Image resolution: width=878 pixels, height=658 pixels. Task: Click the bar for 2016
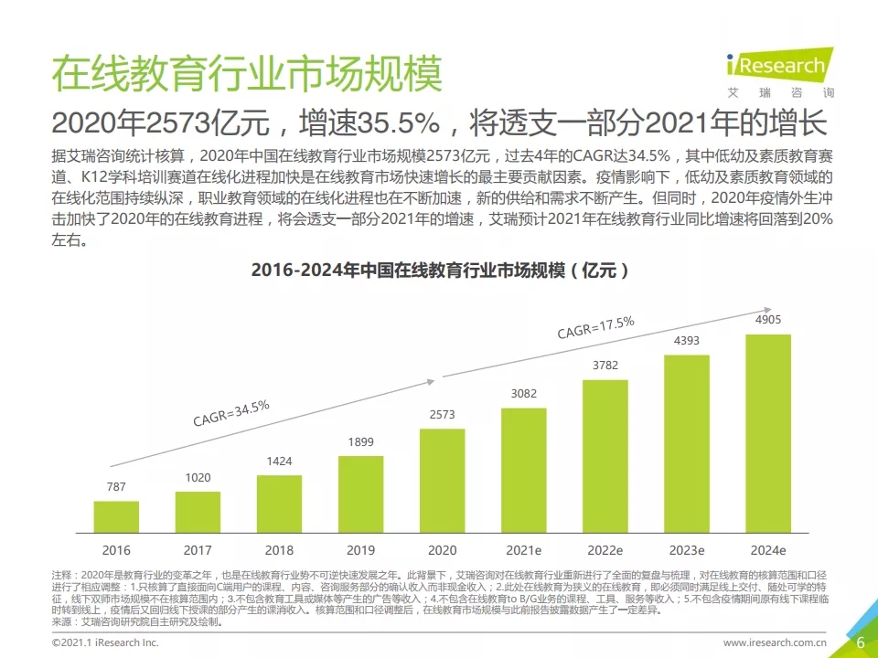(116, 516)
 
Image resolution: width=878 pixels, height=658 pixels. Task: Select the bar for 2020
(443, 481)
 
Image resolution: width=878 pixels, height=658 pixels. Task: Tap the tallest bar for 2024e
(768, 433)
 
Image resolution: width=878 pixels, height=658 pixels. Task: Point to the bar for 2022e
(605, 456)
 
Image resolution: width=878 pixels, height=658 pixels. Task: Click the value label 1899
(361, 442)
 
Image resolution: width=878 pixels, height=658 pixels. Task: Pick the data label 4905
(768, 321)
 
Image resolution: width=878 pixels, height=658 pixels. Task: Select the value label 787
(116, 487)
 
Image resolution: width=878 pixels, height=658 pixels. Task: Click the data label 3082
(524, 393)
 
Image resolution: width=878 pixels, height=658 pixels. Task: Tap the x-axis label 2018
(279, 550)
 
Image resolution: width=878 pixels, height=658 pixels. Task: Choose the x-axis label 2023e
(687, 550)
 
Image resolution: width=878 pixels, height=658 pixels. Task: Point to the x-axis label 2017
(198, 550)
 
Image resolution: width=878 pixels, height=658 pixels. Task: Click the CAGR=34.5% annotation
(231, 413)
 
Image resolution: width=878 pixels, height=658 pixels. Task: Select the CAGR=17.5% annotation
(596, 326)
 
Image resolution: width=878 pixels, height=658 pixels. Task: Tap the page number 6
(860, 642)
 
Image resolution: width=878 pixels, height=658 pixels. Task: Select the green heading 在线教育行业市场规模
(247, 73)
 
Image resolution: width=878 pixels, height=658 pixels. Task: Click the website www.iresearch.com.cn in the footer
(775, 643)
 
